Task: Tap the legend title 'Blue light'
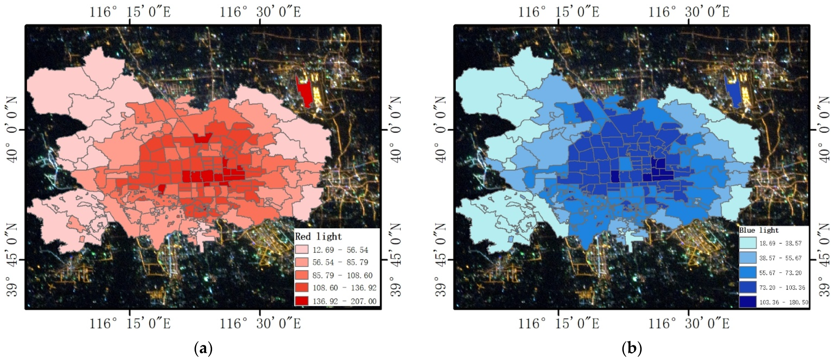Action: coord(759,230)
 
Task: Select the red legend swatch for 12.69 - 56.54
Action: coord(301,250)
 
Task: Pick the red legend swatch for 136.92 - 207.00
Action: coord(301,301)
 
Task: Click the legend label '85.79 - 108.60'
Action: coord(342,275)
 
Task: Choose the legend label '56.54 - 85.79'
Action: coord(340,262)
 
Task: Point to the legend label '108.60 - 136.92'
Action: coord(344,288)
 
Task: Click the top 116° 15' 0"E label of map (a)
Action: coord(130,12)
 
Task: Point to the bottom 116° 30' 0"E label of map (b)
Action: coord(689,323)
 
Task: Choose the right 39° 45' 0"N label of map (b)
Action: coord(824,260)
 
